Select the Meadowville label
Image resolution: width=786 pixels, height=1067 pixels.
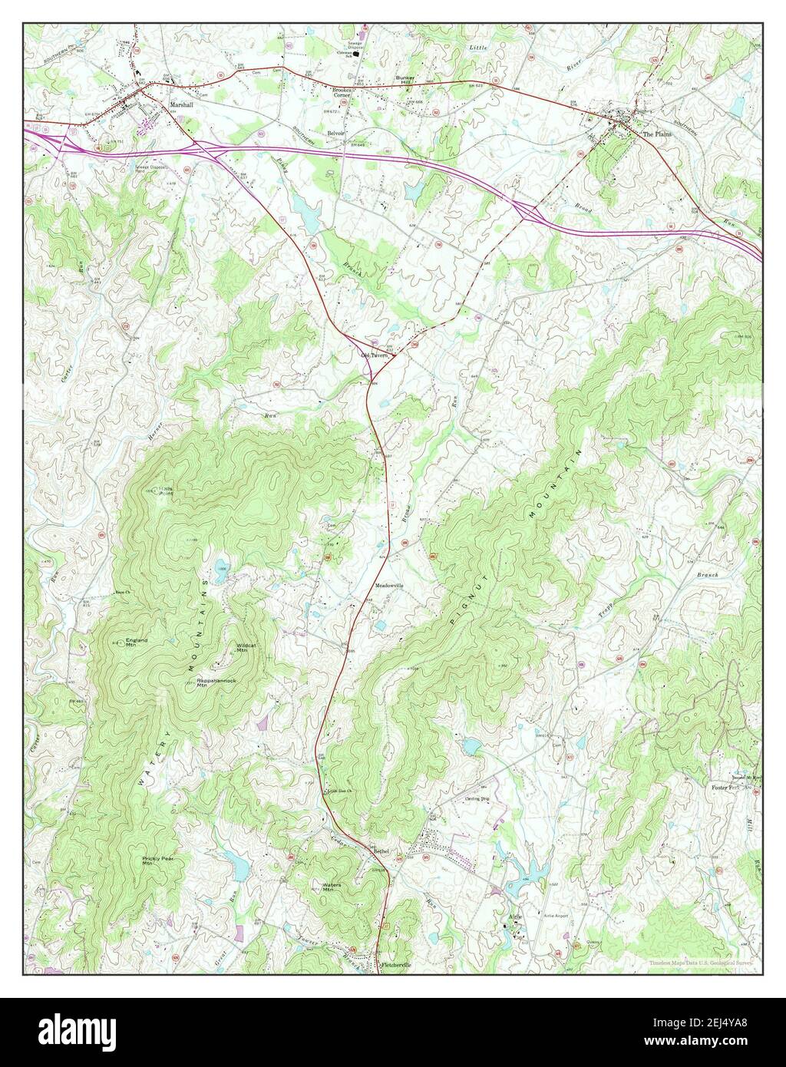point(389,585)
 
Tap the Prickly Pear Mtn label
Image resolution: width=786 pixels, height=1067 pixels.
point(158,861)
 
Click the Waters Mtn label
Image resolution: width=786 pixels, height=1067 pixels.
point(332,887)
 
